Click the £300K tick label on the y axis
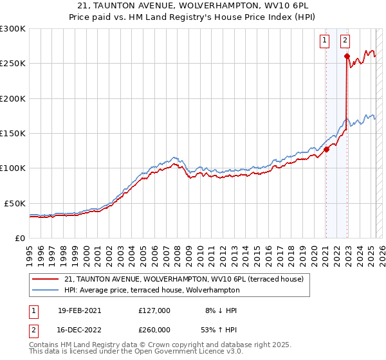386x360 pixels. [12, 29]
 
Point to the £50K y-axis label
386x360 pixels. [15, 203]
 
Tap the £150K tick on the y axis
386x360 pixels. [12, 134]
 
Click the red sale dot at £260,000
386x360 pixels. [347, 57]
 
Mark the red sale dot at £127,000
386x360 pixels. [326, 149]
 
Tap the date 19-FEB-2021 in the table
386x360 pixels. [79, 310]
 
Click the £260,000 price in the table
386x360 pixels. [154, 330]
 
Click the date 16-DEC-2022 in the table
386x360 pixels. [79, 330]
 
